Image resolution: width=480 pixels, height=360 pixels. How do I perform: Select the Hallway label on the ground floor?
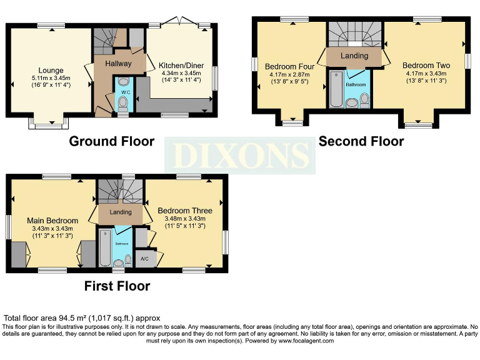pyautogui.click(x=118, y=64)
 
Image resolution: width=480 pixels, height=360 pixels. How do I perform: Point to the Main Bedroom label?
pyautogui.click(x=52, y=221)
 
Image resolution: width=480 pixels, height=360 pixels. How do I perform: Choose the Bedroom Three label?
pyautogui.click(x=184, y=211)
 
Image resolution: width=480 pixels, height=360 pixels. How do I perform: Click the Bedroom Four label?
pyautogui.click(x=289, y=66)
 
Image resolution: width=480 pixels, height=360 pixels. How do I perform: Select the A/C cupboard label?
pyautogui.click(x=144, y=258)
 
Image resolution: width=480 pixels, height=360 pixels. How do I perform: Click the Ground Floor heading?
pyautogui.click(x=111, y=141)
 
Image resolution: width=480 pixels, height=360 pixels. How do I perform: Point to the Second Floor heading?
pyautogui.click(x=361, y=141)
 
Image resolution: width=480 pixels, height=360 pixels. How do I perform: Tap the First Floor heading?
pyautogui.click(x=117, y=286)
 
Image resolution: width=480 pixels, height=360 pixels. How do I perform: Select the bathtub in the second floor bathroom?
pyautogui.click(x=336, y=89)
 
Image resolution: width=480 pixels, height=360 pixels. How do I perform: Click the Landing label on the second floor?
pyautogui.click(x=354, y=56)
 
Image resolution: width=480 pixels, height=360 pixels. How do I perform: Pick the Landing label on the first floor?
pyautogui.click(x=120, y=212)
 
